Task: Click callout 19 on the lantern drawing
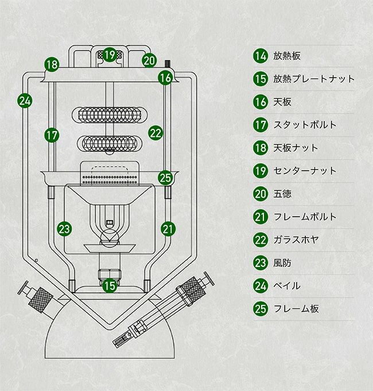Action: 110,55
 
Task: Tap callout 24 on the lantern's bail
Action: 25,101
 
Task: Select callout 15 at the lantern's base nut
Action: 110,284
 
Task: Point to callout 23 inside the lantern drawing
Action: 65,229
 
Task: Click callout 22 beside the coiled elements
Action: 156,133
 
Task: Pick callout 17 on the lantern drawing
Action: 52,136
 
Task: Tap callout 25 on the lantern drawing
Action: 165,177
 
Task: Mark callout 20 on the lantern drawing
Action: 149,60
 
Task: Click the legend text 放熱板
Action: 287,56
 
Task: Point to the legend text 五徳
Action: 282,194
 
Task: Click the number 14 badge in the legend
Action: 261,56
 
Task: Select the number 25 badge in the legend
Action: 261,309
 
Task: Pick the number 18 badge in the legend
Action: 261,148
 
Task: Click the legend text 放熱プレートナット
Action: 314,79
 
